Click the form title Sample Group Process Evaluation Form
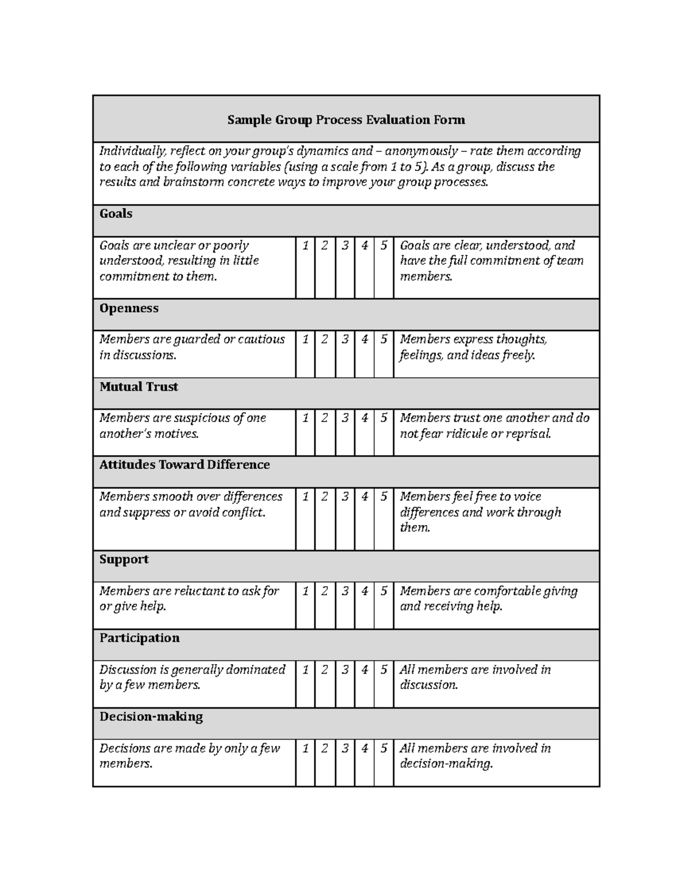pyautogui.click(x=346, y=120)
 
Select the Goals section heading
pyautogui.click(x=116, y=214)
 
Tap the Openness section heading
pyautogui.click(x=129, y=308)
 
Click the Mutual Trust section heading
pyautogui.click(x=139, y=387)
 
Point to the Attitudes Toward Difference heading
pyautogui.click(x=184, y=465)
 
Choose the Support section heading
pyautogui.click(x=124, y=559)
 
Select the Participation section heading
pyautogui.click(x=140, y=638)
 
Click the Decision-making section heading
pyautogui.click(x=151, y=717)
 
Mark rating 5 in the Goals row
pyautogui.click(x=384, y=246)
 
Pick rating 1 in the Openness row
pyautogui.click(x=305, y=339)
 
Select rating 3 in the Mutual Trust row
pyautogui.click(x=345, y=418)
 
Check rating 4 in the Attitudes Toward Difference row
pyautogui.click(x=364, y=497)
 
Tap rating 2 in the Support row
pyautogui.click(x=325, y=591)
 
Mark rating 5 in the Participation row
pyautogui.click(x=384, y=670)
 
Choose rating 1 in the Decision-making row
pyautogui.click(x=305, y=748)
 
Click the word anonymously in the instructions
pyautogui.click(x=421, y=151)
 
